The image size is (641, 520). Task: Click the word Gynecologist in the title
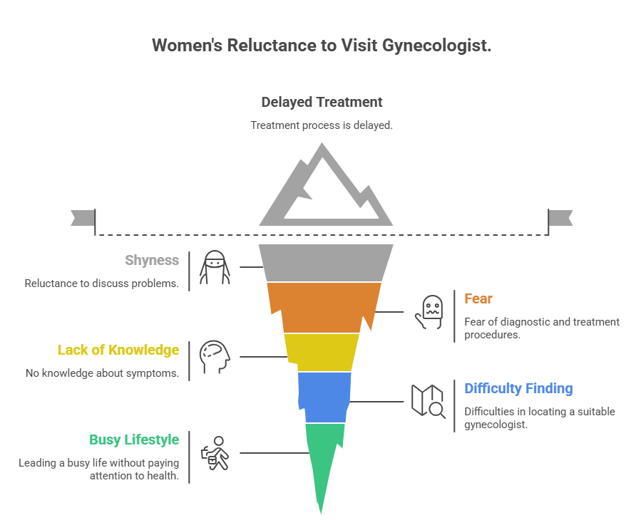pyautogui.click(x=436, y=46)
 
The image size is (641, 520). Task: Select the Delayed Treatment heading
pyautogui.click(x=322, y=102)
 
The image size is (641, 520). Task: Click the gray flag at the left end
pyautogui.click(x=83, y=218)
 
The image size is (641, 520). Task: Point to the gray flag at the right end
pyautogui.click(x=560, y=218)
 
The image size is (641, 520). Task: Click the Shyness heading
pyautogui.click(x=152, y=260)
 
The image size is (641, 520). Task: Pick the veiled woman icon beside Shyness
pyautogui.click(x=215, y=267)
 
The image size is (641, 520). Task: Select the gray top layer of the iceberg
pyautogui.click(x=326, y=263)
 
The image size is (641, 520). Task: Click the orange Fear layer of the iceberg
pyautogui.click(x=324, y=307)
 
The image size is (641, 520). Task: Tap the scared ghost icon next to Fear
pyautogui.click(x=429, y=312)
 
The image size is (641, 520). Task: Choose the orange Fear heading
pyautogui.click(x=478, y=298)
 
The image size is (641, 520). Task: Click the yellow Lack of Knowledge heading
pyautogui.click(x=118, y=350)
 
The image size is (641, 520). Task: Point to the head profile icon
pyautogui.click(x=215, y=357)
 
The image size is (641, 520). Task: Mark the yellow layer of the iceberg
pyautogui.click(x=322, y=352)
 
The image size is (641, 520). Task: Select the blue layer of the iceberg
pyautogui.click(x=324, y=397)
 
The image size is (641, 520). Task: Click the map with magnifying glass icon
pyautogui.click(x=428, y=401)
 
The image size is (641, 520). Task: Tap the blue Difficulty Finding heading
pyautogui.click(x=518, y=388)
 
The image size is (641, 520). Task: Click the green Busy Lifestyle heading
pyautogui.click(x=134, y=440)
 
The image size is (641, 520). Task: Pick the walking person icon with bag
pyautogui.click(x=215, y=453)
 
